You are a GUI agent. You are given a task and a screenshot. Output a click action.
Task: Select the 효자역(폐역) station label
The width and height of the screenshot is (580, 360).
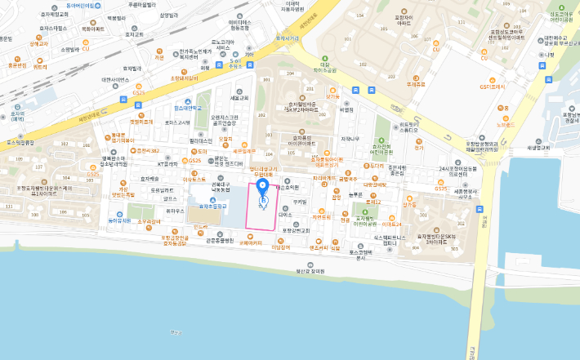tap(17, 117)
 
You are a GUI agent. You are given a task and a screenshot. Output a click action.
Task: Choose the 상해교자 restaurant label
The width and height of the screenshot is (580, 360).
tap(38, 43)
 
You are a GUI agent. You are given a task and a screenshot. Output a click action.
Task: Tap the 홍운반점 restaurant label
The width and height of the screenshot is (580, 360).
tap(16, 65)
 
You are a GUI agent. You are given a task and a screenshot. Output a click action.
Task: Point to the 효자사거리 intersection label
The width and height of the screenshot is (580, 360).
tap(287, 38)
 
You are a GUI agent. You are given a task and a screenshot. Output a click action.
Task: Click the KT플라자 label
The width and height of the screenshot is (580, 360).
tap(170, 163)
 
